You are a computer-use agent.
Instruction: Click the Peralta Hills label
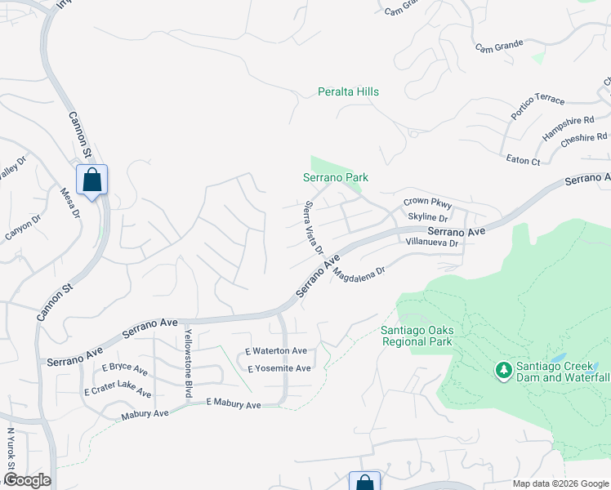tap(348, 92)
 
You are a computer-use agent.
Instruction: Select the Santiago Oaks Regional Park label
tap(417, 336)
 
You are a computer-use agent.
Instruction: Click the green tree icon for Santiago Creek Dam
tap(504, 371)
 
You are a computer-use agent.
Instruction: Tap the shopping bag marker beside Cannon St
tap(92, 180)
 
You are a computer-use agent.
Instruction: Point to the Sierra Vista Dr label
tap(314, 228)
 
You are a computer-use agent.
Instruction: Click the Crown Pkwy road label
tap(426, 202)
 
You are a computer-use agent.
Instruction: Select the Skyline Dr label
tap(428, 218)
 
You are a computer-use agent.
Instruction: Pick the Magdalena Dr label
tap(358, 266)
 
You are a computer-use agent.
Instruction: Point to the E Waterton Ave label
tap(276, 351)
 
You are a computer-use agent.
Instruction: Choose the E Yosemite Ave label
tap(279, 368)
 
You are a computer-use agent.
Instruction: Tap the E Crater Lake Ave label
tap(118, 389)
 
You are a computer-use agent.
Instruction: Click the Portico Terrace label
tap(537, 107)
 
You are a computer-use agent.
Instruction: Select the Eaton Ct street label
tap(523, 162)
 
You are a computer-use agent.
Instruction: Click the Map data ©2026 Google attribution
tap(560, 483)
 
